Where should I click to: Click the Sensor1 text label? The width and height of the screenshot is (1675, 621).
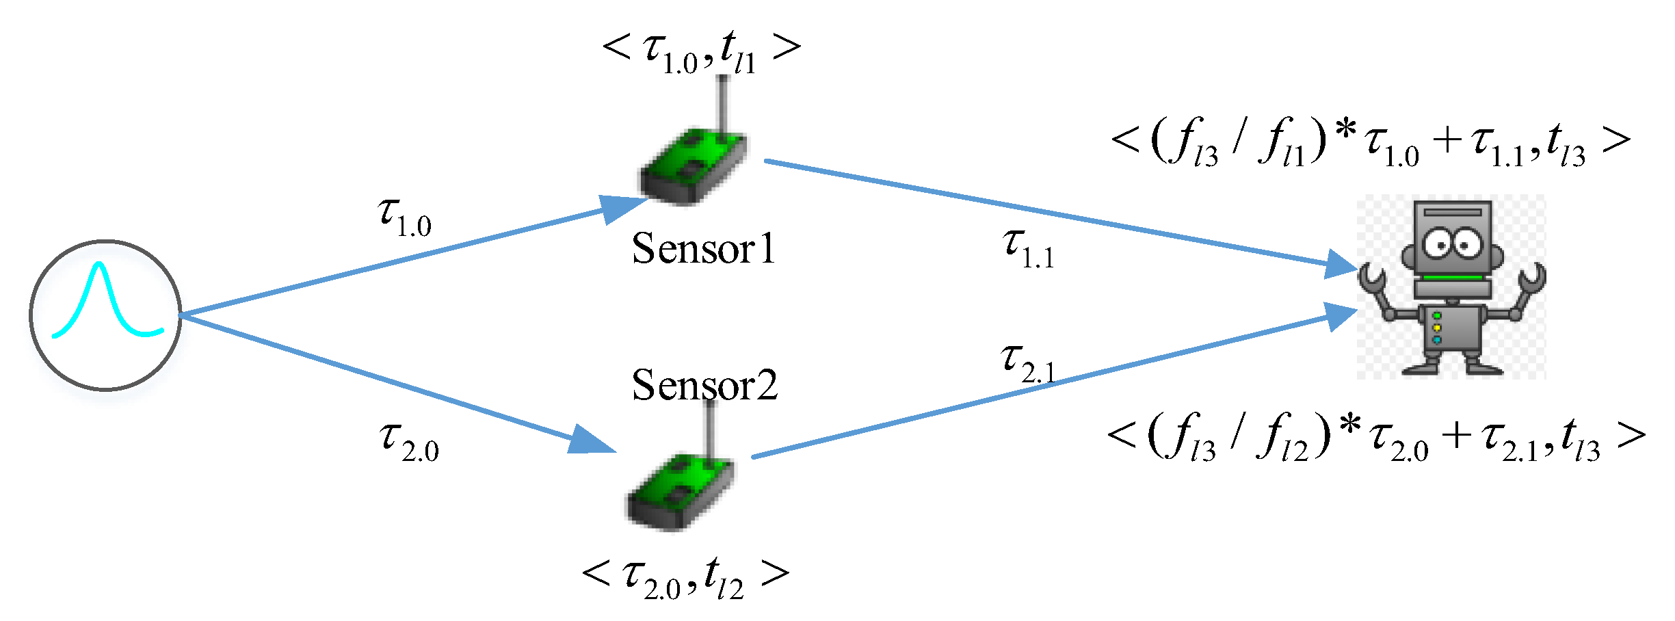[703, 248]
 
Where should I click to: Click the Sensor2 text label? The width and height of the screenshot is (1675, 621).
[704, 385]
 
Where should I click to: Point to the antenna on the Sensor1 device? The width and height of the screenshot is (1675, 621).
[722, 103]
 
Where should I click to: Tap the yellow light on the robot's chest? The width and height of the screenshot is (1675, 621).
[1436, 328]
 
